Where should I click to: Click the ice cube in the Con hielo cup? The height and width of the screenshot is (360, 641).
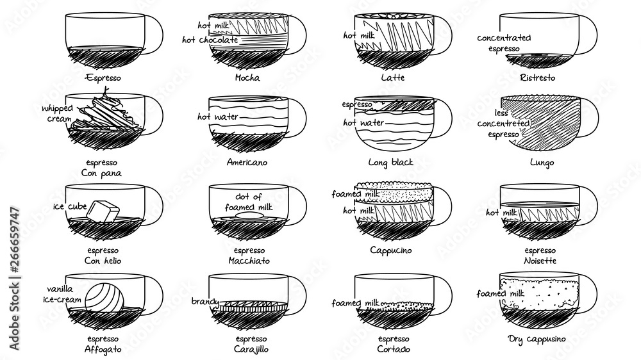click(x=103, y=211)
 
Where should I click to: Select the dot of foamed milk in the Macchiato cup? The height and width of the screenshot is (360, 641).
click(x=248, y=216)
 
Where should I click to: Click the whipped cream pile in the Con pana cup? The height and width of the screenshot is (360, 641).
click(x=104, y=115)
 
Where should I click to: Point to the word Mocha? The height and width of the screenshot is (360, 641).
click(x=247, y=78)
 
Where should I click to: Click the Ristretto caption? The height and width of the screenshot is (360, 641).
click(x=538, y=78)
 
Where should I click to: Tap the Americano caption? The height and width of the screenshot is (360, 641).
click(x=247, y=162)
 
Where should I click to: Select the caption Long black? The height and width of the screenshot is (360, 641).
click(x=391, y=163)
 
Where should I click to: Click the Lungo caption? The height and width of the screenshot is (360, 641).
click(x=542, y=163)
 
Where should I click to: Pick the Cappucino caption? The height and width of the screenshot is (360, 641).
click(x=391, y=250)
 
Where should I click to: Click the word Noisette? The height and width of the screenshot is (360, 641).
click(x=540, y=261)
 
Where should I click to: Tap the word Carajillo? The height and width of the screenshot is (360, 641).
click(x=251, y=349)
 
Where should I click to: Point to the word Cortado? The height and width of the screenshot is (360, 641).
click(x=394, y=349)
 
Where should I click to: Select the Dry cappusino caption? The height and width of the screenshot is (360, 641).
click(x=537, y=339)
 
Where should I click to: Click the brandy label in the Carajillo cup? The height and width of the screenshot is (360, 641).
click(x=205, y=302)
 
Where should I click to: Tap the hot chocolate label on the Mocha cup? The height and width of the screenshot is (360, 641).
click(x=210, y=40)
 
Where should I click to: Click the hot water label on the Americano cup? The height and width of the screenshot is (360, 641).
click(x=217, y=117)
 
